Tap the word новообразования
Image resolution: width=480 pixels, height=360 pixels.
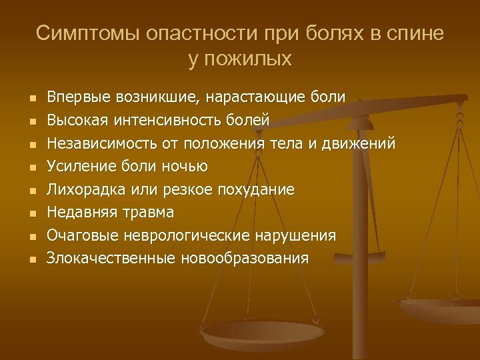[x=244, y=259]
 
